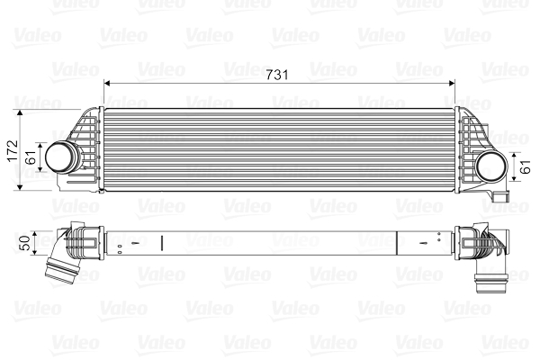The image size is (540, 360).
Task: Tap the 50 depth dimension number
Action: tap(25, 241)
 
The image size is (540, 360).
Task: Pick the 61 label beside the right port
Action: tap(525, 166)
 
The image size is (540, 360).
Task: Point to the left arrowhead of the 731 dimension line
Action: tap(109, 84)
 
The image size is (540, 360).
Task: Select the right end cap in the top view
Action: tap(467, 241)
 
